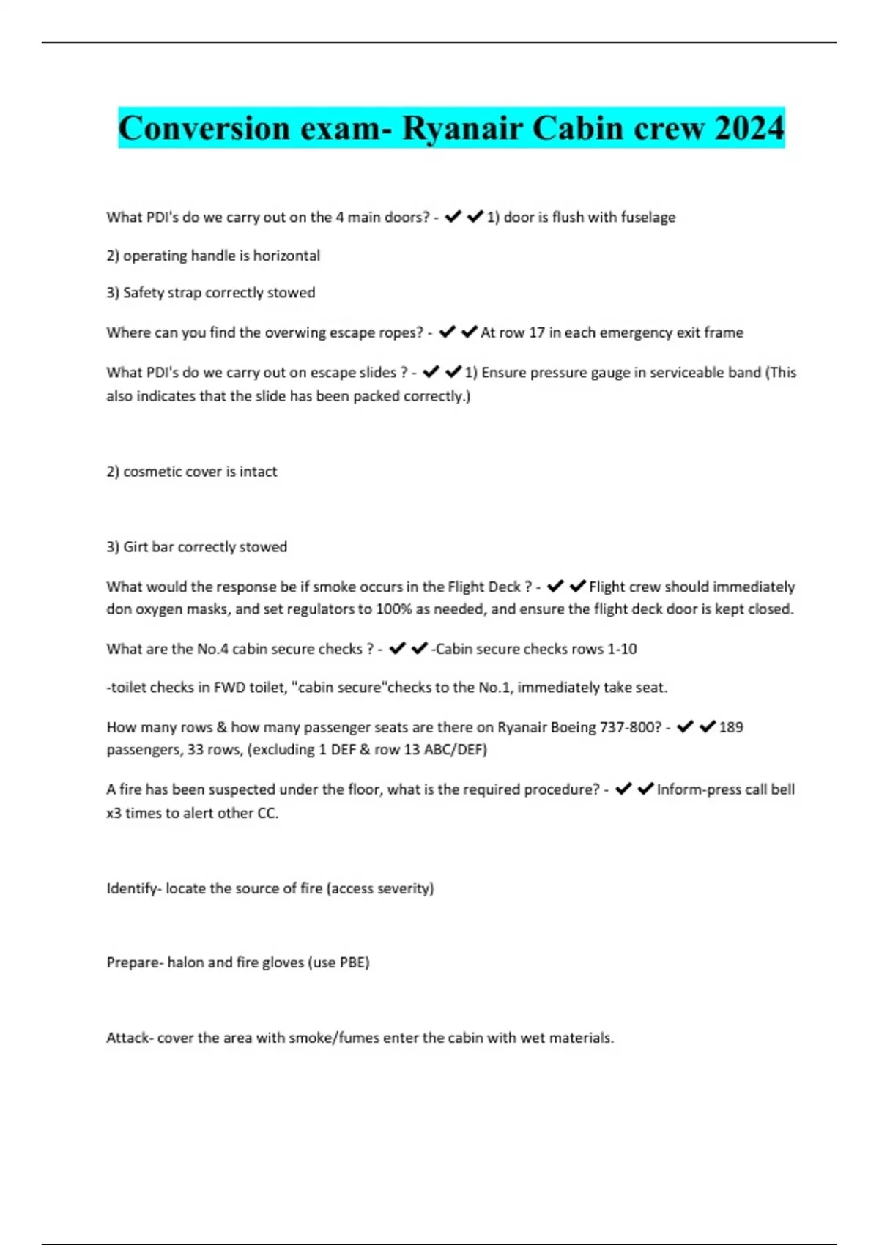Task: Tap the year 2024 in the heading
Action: (749, 128)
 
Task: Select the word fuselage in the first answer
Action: (648, 218)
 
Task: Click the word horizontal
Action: (286, 256)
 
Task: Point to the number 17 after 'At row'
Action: (537, 332)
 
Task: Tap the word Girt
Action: (136, 547)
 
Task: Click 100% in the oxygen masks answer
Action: (393, 609)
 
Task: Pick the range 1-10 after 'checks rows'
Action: (622, 649)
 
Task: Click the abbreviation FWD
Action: (229, 688)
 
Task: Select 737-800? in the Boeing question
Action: (630, 727)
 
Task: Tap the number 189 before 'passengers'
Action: (731, 727)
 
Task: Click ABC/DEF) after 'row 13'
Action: (455, 750)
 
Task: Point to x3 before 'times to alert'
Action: (114, 813)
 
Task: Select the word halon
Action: (185, 962)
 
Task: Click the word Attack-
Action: (130, 1038)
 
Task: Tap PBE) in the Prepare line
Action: (355, 962)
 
